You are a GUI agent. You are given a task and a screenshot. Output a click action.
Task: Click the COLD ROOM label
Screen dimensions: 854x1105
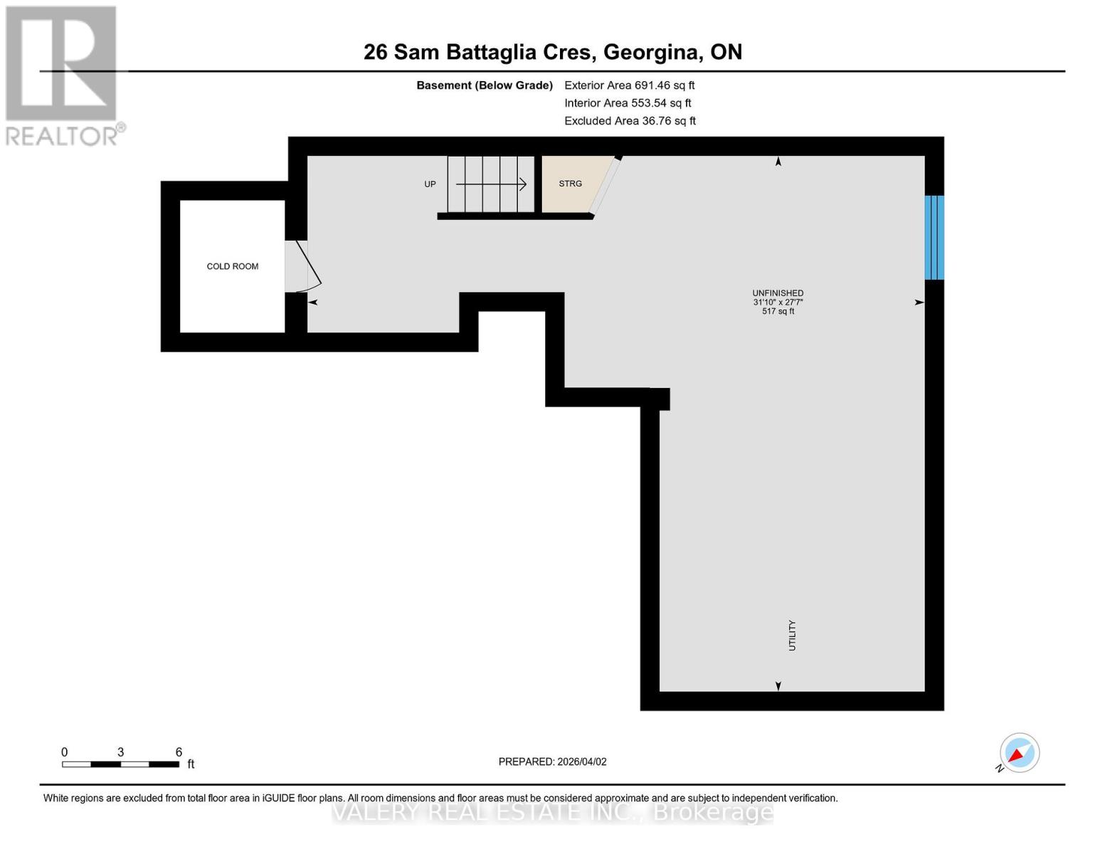pyautogui.click(x=232, y=266)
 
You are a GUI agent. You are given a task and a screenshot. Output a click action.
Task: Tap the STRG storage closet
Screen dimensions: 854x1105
pyautogui.click(x=571, y=184)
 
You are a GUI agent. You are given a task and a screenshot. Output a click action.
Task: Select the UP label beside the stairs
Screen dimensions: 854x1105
pyautogui.click(x=430, y=184)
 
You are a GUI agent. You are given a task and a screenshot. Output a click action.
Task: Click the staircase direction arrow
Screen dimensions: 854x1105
pyautogui.click(x=491, y=184)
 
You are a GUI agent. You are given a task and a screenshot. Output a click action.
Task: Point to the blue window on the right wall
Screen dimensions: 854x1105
pyautogui.click(x=934, y=237)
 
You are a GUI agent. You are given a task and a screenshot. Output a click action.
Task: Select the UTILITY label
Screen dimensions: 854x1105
pyautogui.click(x=792, y=635)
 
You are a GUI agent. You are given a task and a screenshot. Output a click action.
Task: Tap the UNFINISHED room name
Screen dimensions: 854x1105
pyautogui.click(x=778, y=293)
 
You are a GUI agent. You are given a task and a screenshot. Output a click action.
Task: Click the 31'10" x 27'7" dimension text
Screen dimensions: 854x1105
pyautogui.click(x=778, y=302)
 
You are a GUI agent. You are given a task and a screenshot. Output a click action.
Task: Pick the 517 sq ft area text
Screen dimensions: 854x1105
pyautogui.click(x=778, y=312)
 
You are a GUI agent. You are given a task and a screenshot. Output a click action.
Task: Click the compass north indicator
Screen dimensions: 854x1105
pyautogui.click(x=1019, y=753)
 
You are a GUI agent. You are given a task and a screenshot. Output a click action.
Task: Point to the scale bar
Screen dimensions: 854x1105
pyautogui.click(x=120, y=764)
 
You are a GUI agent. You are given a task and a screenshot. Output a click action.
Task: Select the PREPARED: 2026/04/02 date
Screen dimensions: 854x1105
pyautogui.click(x=552, y=761)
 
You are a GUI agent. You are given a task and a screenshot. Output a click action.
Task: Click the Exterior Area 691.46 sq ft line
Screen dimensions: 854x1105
pyautogui.click(x=629, y=85)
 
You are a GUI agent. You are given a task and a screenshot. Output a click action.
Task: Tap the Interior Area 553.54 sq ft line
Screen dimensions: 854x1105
pyautogui.click(x=628, y=103)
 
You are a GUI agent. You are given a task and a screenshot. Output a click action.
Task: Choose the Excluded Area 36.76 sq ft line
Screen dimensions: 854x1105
pyautogui.click(x=630, y=121)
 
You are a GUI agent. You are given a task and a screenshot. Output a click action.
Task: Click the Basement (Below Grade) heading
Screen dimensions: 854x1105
pyautogui.click(x=484, y=85)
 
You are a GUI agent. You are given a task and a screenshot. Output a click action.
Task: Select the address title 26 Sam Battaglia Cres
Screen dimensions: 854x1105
pyautogui.click(x=552, y=52)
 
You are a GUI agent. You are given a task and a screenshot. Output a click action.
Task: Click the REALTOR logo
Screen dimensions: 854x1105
pyautogui.click(x=63, y=75)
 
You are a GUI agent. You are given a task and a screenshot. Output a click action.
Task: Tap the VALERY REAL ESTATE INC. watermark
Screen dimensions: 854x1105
pyautogui.click(x=552, y=812)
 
